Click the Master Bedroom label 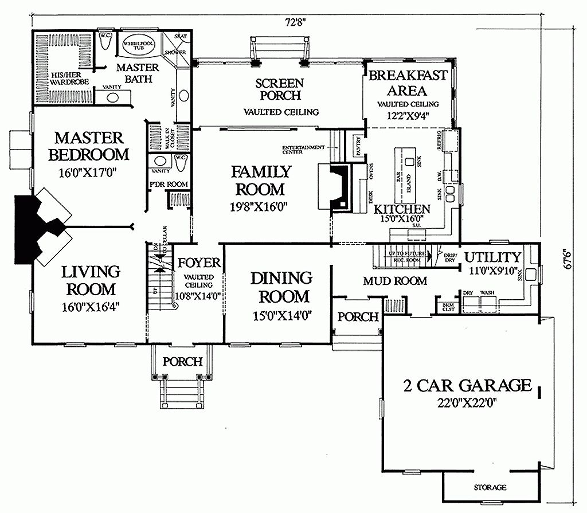coord(89,146)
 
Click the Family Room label coord(261,180)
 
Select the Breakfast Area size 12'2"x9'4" coord(408,115)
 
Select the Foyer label coord(199,263)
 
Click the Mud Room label coord(395,281)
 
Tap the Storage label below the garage coord(490,488)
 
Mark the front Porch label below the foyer coord(182,362)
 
